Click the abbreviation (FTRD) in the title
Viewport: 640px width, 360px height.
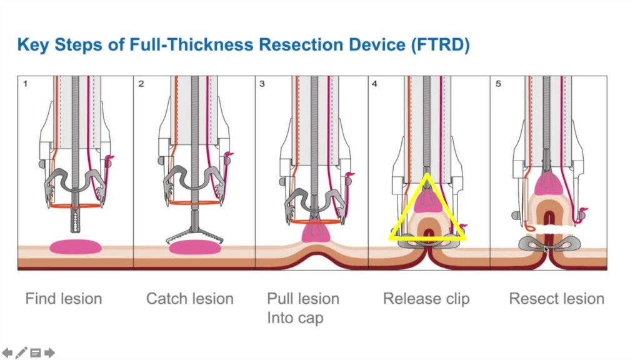tap(441, 44)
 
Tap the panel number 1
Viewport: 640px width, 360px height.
tap(25, 84)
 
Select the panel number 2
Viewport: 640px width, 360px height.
tap(141, 84)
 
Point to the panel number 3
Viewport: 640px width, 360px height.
tap(262, 84)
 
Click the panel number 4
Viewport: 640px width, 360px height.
tap(374, 84)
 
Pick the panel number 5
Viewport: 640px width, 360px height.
tap(498, 84)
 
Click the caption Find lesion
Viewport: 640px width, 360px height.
tap(64, 299)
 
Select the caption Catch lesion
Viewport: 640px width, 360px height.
tap(190, 299)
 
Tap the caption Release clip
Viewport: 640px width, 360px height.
tap(426, 299)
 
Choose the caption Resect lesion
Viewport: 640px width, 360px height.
tap(557, 299)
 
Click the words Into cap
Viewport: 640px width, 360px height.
tap(295, 318)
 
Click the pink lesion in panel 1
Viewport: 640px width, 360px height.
tap(76, 247)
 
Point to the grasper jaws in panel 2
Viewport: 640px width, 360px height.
tap(195, 236)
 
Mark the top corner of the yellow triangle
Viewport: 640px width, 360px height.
tap(426, 174)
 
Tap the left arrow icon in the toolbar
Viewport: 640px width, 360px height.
tap(7, 352)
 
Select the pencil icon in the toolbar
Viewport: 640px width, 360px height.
tap(21, 352)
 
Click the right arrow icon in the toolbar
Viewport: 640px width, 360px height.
tap(49, 352)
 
